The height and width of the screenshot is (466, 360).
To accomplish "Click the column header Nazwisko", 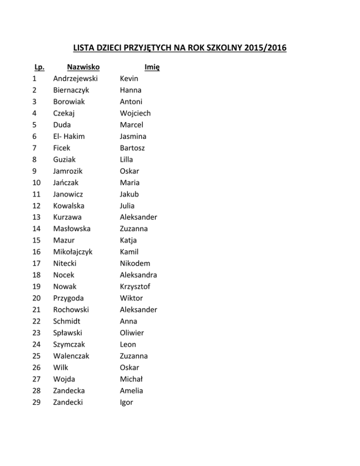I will point(83,67).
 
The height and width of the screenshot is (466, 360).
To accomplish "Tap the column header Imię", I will point(151,68).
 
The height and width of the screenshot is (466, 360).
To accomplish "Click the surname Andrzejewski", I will point(79,79).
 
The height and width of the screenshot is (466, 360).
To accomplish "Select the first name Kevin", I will point(129,79).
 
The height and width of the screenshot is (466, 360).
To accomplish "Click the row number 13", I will point(36,217).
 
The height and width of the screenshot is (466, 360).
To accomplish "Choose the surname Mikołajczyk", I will point(73,252).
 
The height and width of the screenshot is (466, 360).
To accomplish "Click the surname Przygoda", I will point(70,298).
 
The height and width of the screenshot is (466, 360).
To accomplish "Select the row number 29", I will point(36,402).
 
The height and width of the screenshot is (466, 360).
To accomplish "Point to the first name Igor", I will point(127,402).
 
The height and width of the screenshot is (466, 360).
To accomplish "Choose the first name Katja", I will point(128,241).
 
